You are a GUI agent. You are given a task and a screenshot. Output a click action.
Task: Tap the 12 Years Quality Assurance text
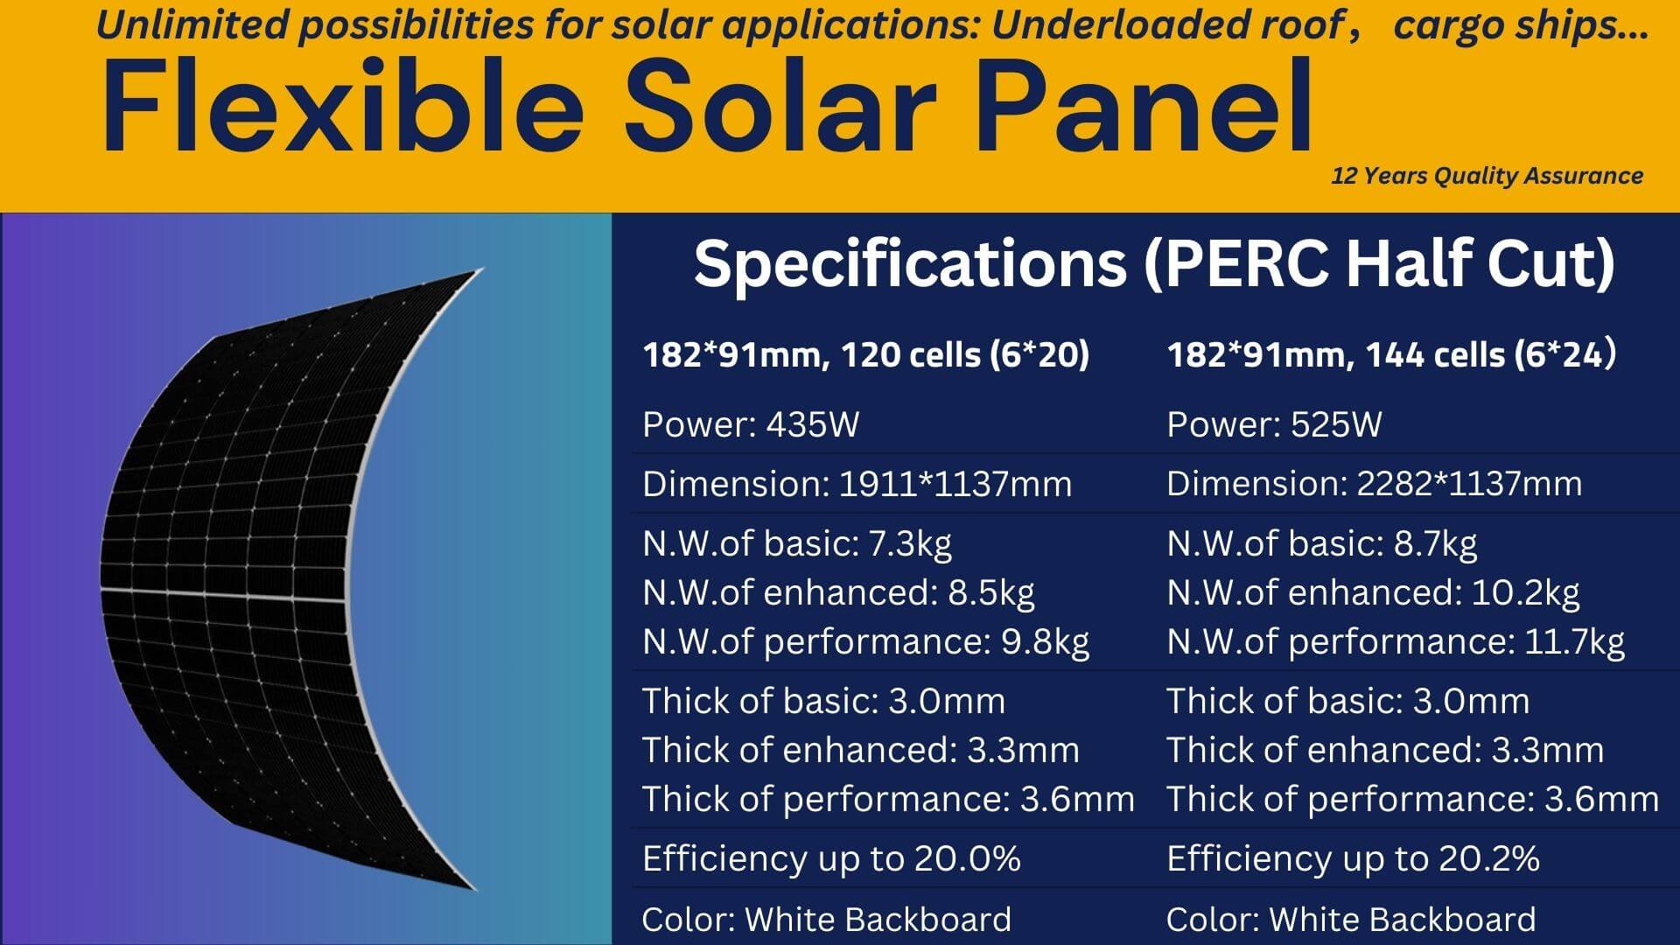(1487, 176)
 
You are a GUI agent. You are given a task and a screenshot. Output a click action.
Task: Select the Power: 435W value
(751, 424)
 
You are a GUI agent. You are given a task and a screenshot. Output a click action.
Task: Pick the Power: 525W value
(1274, 424)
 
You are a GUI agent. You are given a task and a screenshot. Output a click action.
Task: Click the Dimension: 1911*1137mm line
(857, 484)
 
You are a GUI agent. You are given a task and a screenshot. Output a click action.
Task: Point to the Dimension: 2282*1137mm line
(1374, 484)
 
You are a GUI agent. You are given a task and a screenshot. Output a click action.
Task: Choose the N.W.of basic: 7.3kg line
(796, 543)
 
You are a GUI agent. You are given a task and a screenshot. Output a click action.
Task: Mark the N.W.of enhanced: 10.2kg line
(1373, 592)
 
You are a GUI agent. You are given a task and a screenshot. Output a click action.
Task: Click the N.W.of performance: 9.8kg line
(865, 641)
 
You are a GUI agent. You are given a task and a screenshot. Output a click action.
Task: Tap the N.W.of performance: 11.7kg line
(1396, 641)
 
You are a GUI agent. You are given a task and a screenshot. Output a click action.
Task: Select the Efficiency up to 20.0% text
(831, 858)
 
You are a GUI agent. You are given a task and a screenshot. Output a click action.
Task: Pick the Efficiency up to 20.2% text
(1353, 858)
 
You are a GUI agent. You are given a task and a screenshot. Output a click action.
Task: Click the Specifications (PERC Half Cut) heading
(1154, 263)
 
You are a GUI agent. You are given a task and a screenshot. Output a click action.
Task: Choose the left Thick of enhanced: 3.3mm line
(860, 750)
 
